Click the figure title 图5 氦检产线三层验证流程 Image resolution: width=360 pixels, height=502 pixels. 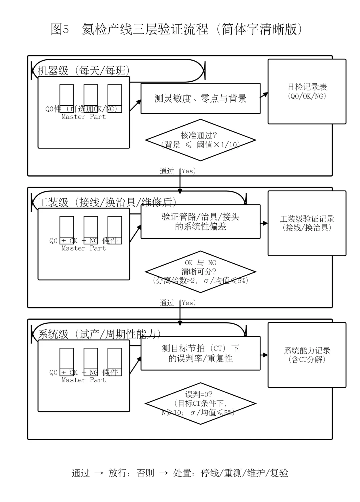[177, 29]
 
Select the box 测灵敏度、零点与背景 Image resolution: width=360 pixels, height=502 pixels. [200, 98]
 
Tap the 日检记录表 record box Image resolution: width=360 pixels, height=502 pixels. [307, 91]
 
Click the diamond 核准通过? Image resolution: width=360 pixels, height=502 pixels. [200, 140]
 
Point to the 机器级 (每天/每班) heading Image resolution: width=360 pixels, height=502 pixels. [83, 71]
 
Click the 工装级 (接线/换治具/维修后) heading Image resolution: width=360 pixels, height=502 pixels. [107, 202]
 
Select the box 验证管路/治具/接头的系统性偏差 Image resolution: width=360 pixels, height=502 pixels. [200, 222]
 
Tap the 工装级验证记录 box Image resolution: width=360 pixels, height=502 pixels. [307, 223]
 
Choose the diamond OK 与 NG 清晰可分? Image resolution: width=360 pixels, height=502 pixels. [200, 272]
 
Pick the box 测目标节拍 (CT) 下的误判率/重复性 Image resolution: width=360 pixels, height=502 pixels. [200, 353]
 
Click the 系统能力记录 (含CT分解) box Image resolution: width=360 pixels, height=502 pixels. [307, 355]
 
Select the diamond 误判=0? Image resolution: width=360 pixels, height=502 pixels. [200, 403]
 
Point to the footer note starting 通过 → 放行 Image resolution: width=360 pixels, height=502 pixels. [180, 473]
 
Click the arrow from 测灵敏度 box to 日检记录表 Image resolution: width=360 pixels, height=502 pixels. [264, 95]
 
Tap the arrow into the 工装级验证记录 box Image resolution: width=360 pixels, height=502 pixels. [264, 223]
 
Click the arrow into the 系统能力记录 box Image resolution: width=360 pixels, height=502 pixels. [264, 355]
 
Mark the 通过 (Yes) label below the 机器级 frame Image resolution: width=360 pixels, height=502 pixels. [177, 171]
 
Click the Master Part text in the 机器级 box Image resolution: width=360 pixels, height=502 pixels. [83, 117]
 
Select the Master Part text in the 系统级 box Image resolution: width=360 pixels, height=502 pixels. [83, 380]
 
